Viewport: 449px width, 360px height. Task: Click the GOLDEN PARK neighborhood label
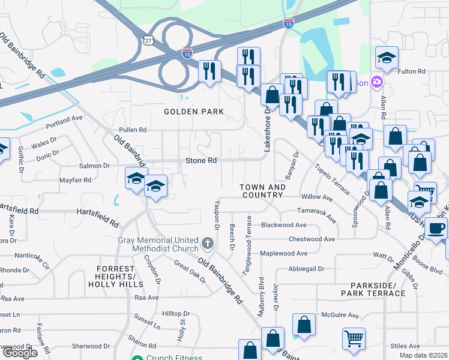coord(194,112)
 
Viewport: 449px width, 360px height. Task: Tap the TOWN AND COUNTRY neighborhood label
coord(262,191)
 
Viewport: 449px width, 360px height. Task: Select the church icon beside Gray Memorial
coord(207,244)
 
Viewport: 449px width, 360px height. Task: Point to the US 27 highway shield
coord(149,39)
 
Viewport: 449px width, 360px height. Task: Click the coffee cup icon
coord(436,229)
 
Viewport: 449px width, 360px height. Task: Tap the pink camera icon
coord(376,82)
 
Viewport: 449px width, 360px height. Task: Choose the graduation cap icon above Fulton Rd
coord(387,58)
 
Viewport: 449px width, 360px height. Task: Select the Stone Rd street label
coord(200,161)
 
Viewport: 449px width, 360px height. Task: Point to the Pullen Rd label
coord(133,130)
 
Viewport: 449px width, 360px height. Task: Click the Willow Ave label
coord(317,197)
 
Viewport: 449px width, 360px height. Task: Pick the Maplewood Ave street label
coord(283,253)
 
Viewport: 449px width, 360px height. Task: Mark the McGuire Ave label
coord(339,315)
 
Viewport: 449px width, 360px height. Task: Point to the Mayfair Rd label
coord(75,179)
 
